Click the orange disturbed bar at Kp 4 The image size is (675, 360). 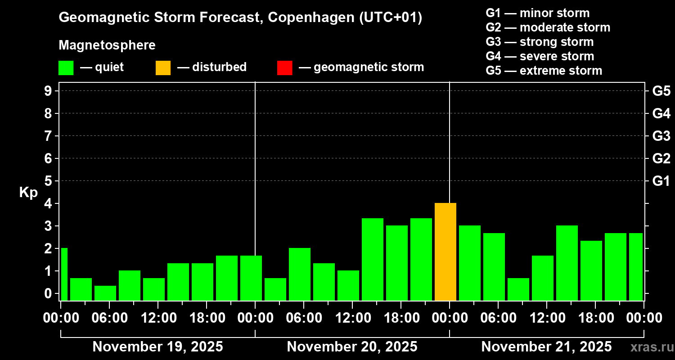[445, 252]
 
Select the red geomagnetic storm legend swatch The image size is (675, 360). [284, 68]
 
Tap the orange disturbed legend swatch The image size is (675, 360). [163, 68]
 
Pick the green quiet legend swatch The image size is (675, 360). [66, 68]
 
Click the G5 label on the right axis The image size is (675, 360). [661, 91]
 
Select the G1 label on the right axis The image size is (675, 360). [661, 181]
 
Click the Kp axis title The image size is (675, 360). [28, 193]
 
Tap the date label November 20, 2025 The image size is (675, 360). [352, 346]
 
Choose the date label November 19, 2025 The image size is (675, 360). [157, 346]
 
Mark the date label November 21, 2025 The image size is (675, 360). [546, 346]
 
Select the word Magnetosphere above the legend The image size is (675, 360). [107, 45]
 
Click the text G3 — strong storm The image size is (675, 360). [540, 42]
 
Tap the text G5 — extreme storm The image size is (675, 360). [544, 71]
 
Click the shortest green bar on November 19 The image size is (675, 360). [105, 293]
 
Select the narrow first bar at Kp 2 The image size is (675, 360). [64, 274]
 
